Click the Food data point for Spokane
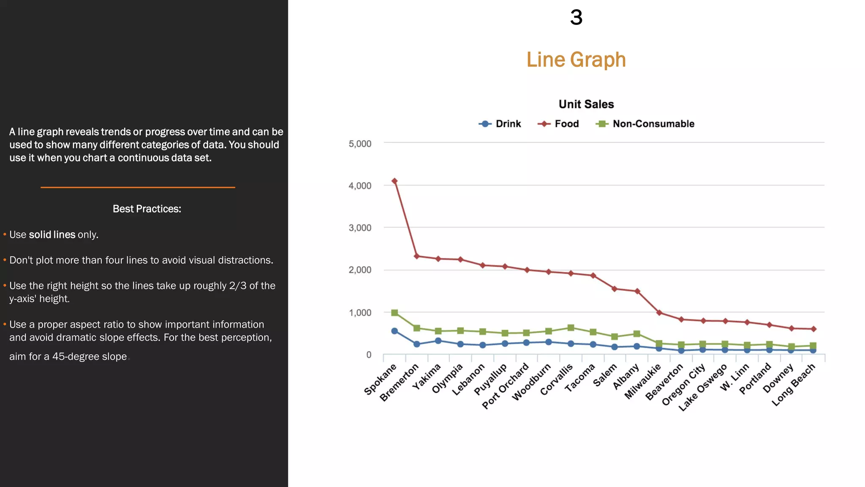pos(394,181)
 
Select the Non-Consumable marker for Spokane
pos(394,313)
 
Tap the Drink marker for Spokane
pos(394,331)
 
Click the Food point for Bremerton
pos(417,256)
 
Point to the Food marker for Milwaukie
pos(659,313)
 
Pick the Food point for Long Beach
pos(813,329)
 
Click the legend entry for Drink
pos(500,124)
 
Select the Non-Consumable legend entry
pos(645,124)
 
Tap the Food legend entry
pos(558,124)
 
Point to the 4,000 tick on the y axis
pos(360,186)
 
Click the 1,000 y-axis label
pos(360,313)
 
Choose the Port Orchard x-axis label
pos(506,386)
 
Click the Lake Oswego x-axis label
pos(703,387)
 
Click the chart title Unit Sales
pos(586,104)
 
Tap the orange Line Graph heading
pos(576,60)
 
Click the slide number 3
pos(576,18)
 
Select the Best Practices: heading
pos(147,209)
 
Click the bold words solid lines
pos(52,235)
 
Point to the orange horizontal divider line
pos(138,187)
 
